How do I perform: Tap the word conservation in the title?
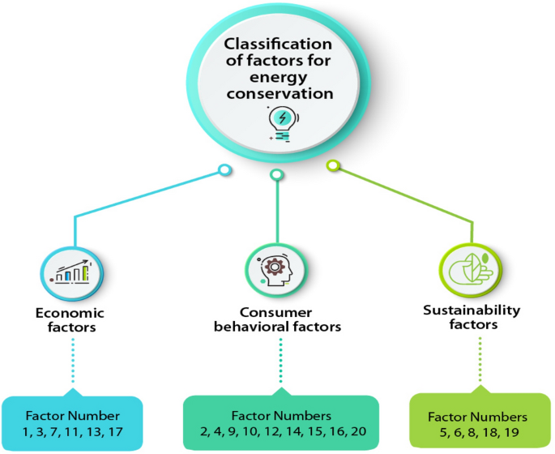coord(278,94)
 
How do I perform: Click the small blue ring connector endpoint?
coord(223,171)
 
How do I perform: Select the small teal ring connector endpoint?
coord(276,174)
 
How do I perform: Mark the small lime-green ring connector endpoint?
coord(331,166)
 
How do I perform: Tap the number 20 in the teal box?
coord(358,430)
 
